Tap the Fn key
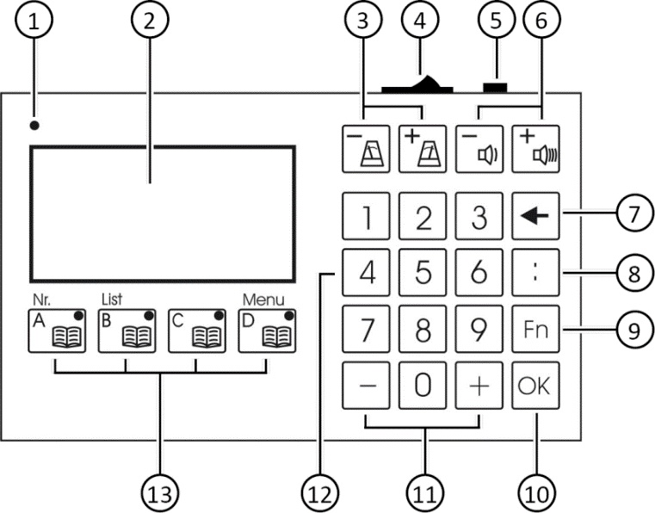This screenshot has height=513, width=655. [x=535, y=329]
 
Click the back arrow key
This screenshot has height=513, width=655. [x=535, y=216]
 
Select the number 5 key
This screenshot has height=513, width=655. [x=423, y=272]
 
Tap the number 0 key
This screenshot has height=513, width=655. [x=423, y=385]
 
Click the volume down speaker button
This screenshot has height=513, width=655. [x=479, y=149]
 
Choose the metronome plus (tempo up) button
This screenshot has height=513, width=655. [x=423, y=149]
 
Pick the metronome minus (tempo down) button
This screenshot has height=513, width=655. [x=366, y=149]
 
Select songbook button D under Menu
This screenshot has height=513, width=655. [x=268, y=331]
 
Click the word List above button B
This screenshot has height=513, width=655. [x=112, y=300]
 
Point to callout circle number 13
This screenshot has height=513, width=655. [x=160, y=495]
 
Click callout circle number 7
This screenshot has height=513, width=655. [x=635, y=213]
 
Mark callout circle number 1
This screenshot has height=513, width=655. [x=34, y=20]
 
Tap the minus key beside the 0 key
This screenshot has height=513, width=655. [x=366, y=385]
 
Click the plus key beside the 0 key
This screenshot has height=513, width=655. [x=479, y=385]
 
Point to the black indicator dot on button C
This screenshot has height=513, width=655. [x=219, y=316]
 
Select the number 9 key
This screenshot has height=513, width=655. [x=479, y=329]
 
